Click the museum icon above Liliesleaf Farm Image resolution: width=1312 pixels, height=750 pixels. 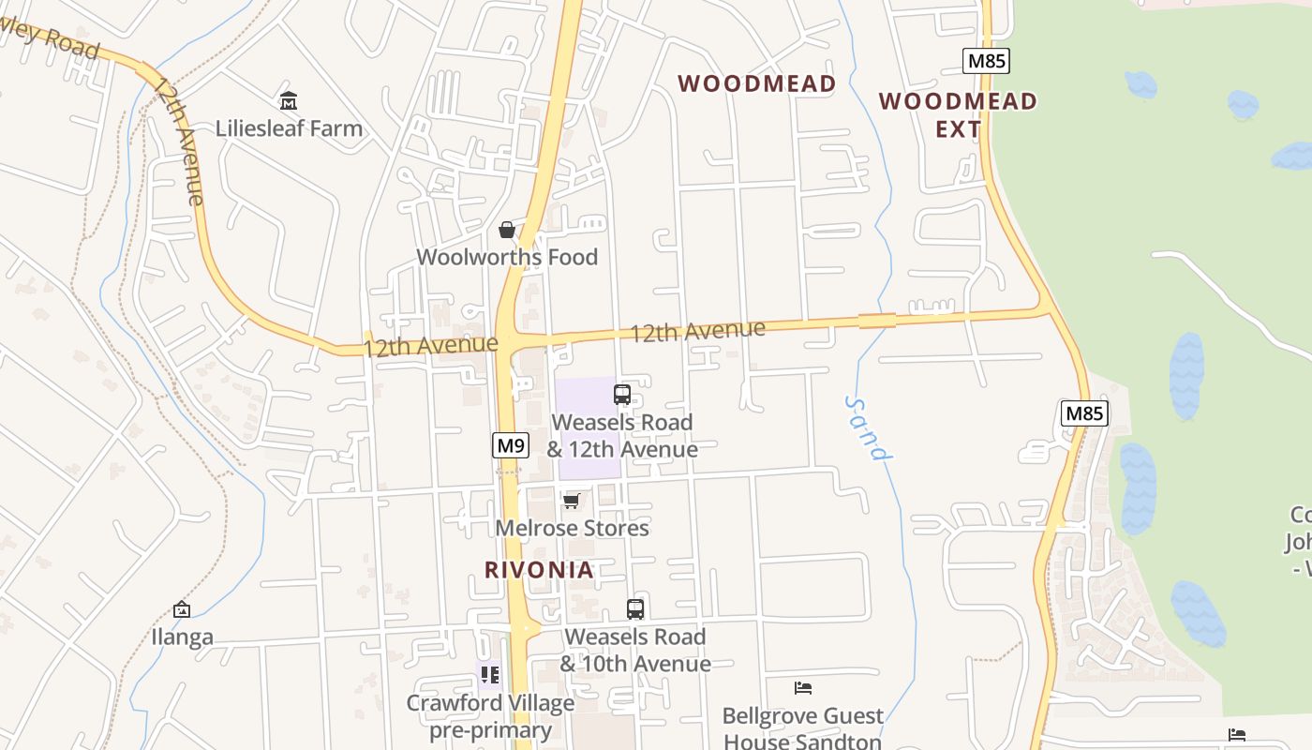click(289, 100)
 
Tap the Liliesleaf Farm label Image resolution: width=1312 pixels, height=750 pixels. click(289, 128)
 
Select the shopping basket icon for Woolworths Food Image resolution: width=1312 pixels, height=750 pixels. click(507, 230)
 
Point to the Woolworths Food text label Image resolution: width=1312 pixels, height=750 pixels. click(507, 257)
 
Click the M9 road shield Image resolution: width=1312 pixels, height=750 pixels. click(511, 445)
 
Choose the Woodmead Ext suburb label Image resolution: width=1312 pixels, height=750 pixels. click(958, 114)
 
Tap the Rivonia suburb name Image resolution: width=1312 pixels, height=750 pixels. click(539, 569)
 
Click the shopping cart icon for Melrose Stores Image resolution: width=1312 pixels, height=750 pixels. click(572, 501)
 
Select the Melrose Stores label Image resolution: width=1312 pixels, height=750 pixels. click(572, 528)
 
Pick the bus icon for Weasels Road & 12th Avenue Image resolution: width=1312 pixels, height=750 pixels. click(622, 395)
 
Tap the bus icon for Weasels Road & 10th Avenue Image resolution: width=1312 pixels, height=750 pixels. click(635, 609)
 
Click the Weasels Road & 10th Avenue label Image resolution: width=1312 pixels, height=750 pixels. click(635, 650)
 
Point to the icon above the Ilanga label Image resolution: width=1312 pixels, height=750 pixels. click(182, 610)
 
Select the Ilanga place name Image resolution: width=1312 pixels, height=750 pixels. click(182, 637)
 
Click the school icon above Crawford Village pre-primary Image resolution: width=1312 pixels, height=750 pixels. click(489, 675)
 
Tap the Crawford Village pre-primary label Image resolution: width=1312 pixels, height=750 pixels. click(490, 716)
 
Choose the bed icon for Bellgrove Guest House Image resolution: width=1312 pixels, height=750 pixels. click(803, 688)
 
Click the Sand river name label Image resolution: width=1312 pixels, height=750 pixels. click(868, 428)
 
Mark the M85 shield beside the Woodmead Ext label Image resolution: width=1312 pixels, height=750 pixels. click(986, 62)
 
